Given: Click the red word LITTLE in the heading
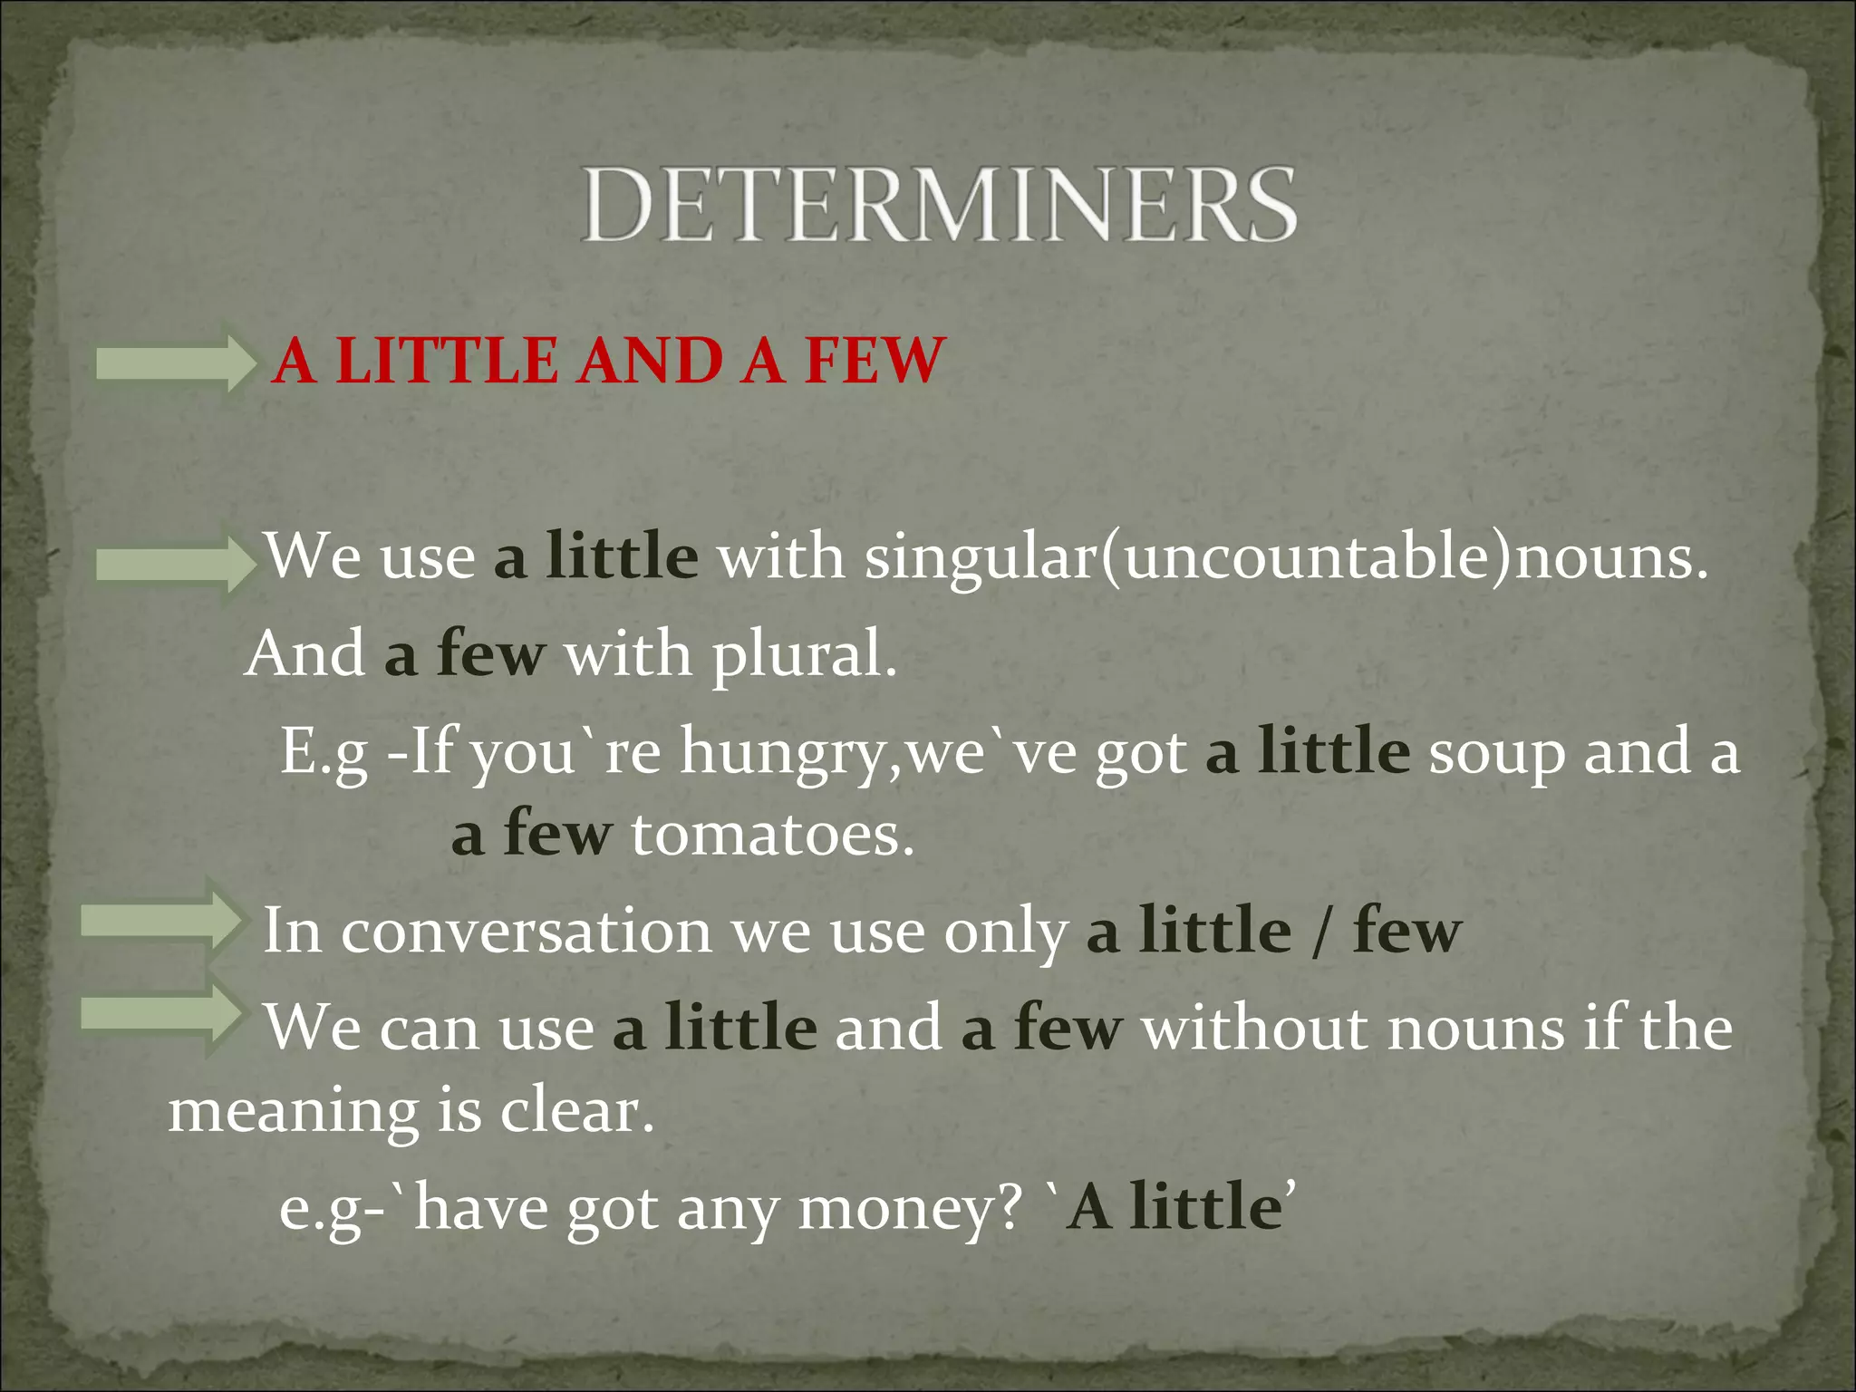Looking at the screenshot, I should (447, 361).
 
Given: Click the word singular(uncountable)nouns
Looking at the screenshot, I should (1285, 556).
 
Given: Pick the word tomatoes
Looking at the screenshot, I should (772, 835).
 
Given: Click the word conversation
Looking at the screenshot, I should (527, 932).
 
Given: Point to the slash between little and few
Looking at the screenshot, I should (1321, 932).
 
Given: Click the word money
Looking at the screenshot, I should (910, 1209).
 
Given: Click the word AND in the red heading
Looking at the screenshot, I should (650, 361).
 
